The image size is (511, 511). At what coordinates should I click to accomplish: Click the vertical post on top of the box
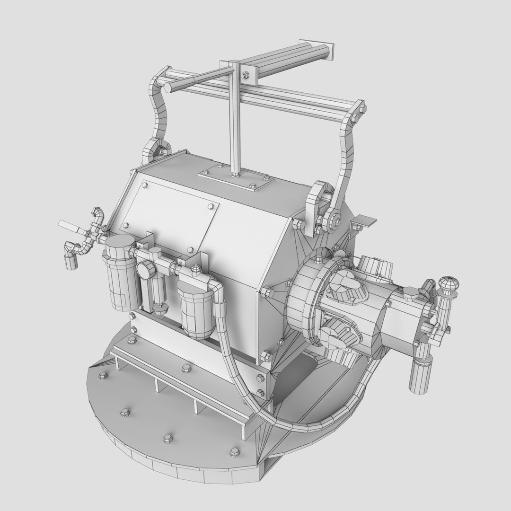pos(235,118)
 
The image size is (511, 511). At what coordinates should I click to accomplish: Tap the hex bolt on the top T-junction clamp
pos(246,75)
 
